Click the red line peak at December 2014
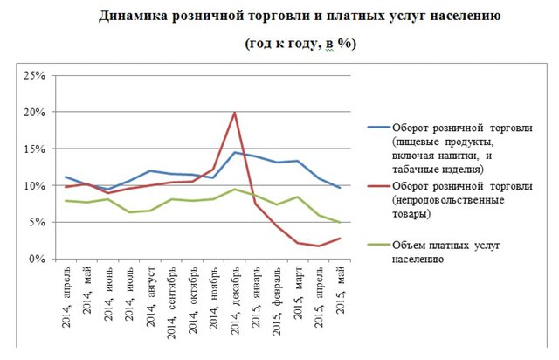click(x=234, y=113)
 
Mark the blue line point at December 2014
click(x=234, y=153)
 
